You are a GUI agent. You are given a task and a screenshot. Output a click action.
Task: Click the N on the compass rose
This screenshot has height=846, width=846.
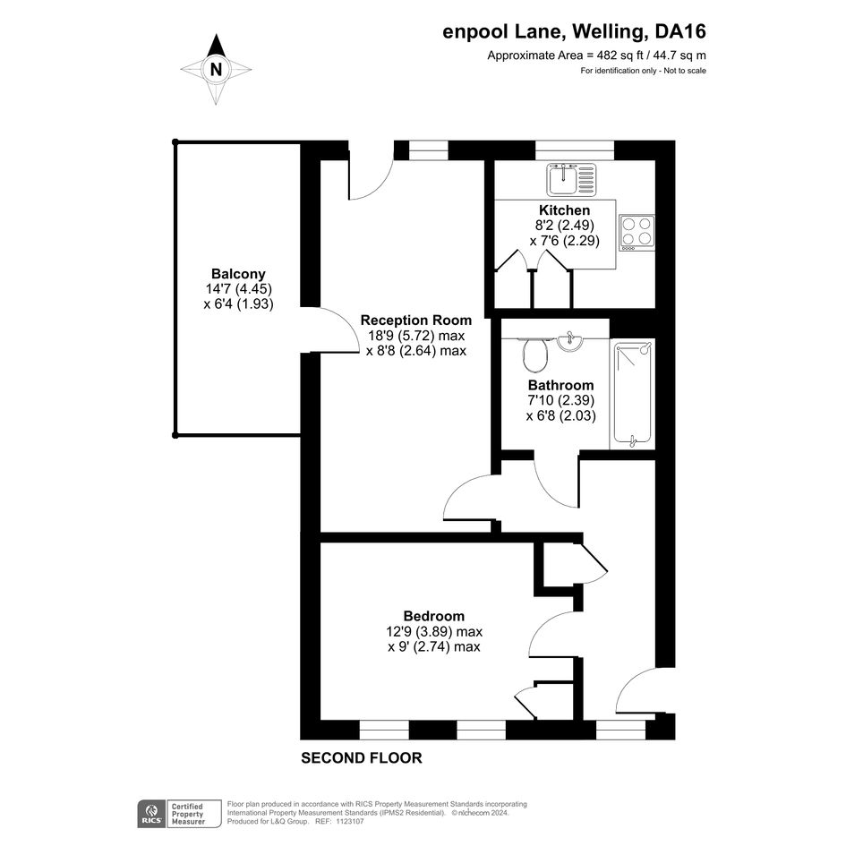click(x=216, y=70)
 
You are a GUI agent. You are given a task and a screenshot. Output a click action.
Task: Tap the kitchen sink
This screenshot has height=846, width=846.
click(x=571, y=179)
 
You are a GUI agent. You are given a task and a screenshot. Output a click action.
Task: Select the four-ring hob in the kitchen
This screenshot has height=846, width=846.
click(x=637, y=233)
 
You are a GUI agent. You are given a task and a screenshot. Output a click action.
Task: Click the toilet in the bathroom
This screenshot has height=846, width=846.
click(x=534, y=354)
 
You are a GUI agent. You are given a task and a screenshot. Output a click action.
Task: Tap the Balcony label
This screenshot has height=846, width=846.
click(x=238, y=274)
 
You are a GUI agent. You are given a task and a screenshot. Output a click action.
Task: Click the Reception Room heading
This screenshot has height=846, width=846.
click(x=416, y=320)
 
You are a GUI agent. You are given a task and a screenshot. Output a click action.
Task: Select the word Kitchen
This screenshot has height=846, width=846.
click(x=564, y=209)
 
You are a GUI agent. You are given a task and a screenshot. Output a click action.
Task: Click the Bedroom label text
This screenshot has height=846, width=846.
click(x=434, y=616)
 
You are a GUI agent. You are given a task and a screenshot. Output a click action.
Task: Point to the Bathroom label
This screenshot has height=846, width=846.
click(x=560, y=385)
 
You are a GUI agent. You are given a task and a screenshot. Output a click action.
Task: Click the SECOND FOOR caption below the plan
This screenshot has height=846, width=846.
click(x=362, y=758)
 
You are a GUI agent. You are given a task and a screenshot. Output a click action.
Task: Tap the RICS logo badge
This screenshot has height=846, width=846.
click(x=151, y=814)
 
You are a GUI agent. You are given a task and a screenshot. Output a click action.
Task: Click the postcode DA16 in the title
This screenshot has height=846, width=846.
click(x=679, y=32)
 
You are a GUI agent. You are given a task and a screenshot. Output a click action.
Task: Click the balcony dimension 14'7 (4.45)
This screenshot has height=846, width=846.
click(x=238, y=288)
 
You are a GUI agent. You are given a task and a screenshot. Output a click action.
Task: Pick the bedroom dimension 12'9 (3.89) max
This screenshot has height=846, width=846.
click(x=434, y=631)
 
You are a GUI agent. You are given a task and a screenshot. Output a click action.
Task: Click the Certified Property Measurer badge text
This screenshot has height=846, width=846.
click(x=188, y=814)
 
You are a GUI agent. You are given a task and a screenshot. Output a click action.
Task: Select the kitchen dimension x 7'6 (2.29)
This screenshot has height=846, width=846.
click(x=564, y=241)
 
